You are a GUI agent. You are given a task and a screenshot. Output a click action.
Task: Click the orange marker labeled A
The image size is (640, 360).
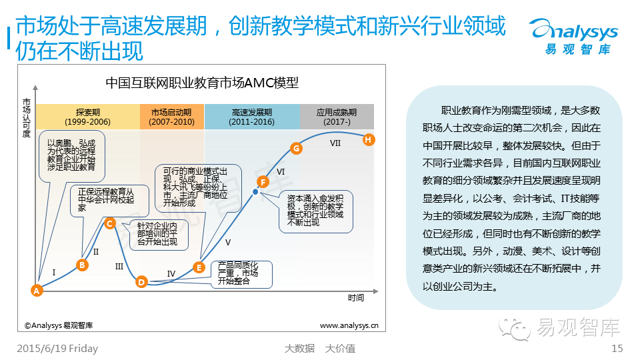37,290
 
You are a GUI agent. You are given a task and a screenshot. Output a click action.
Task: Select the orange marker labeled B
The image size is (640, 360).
83,265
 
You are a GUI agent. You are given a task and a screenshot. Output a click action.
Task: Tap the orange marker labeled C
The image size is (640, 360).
110,224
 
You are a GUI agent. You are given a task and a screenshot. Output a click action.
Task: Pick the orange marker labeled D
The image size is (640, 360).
141,282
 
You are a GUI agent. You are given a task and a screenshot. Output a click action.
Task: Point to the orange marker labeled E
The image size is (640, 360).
199,267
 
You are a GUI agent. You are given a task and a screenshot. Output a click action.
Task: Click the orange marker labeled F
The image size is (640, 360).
263,181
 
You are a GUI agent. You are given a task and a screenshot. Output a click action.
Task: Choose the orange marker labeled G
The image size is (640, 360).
297,148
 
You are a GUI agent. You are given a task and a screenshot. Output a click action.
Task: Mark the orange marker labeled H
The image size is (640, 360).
369,139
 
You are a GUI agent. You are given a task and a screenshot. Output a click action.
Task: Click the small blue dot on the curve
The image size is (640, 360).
255,191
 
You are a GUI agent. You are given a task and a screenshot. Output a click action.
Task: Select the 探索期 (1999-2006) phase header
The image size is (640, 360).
88,117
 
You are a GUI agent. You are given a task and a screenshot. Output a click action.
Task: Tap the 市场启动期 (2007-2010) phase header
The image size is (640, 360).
172,117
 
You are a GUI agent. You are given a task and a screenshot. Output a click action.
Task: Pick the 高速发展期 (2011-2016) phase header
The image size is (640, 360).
252,117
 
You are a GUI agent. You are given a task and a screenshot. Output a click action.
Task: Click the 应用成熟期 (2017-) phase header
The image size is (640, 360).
337,117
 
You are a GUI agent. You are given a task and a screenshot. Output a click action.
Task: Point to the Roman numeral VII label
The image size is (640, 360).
335,143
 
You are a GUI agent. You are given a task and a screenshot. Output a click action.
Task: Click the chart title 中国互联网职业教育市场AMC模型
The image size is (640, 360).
202,83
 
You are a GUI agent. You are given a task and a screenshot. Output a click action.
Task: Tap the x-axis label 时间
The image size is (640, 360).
355,297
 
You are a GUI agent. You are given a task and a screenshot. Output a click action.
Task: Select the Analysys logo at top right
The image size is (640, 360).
573,35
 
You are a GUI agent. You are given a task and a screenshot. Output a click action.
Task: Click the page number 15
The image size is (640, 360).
617,348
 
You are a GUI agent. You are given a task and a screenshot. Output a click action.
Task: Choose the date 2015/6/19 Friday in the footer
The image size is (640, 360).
57,348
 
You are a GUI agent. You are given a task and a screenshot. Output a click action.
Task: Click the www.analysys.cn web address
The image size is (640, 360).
349,326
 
